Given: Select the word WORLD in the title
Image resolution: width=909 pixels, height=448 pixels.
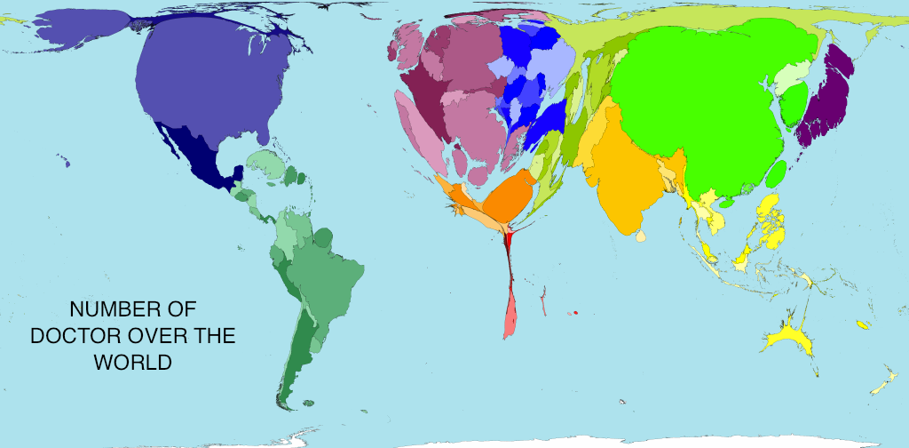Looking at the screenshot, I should pos(133,363).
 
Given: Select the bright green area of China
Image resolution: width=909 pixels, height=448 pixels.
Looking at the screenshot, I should pos(701,98).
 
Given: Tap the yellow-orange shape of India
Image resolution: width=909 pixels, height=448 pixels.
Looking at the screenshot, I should pos(621,178).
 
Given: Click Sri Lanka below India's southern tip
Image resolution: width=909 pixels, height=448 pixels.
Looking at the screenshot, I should pos(642,237).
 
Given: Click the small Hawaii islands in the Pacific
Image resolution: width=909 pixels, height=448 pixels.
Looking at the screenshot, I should pos(64,162).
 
